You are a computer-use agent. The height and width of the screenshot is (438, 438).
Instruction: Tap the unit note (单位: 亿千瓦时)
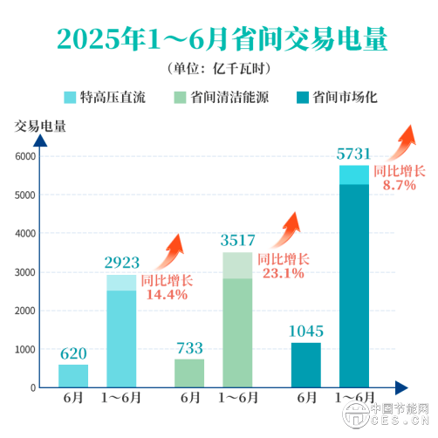[x=218, y=69]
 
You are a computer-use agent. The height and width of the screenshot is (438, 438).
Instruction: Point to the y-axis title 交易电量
[x=40, y=124]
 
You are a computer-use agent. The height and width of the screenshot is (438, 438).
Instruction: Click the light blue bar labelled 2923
[x=121, y=332]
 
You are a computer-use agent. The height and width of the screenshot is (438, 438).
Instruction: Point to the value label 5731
[x=353, y=154]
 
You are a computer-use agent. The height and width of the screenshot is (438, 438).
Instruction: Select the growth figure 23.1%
[x=283, y=273]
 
